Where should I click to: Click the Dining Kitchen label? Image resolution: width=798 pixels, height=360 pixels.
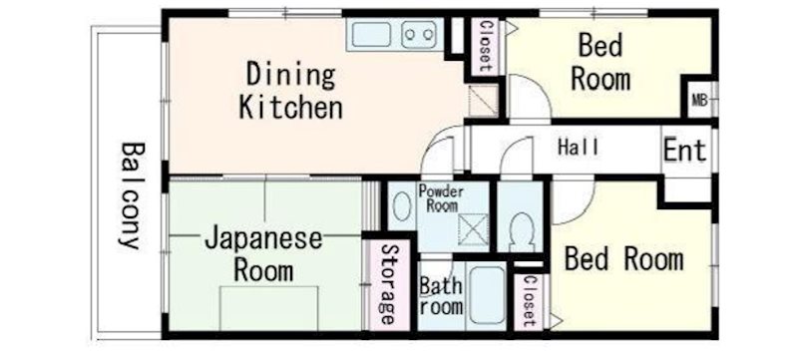[x=290, y=92]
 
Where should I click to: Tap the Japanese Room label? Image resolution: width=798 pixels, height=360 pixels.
[x=263, y=255]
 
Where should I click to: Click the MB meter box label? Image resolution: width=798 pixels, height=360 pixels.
[x=700, y=100]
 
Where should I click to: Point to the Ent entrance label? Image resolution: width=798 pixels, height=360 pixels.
[x=685, y=150]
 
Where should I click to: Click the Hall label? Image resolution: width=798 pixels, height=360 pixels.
[x=579, y=148]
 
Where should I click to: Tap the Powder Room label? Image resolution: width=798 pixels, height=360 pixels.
[x=441, y=198]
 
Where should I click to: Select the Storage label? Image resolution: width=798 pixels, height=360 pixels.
[x=388, y=285]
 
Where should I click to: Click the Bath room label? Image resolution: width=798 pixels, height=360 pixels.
[x=441, y=296]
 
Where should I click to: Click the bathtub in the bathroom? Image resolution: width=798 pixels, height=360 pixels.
[x=487, y=296]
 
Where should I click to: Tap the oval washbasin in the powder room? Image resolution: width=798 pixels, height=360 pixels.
[x=402, y=205]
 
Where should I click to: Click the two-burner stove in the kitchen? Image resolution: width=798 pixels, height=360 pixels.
[x=419, y=35]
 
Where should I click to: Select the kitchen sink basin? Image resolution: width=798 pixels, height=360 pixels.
[x=371, y=34]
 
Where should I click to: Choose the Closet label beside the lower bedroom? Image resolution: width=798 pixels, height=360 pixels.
[x=529, y=301]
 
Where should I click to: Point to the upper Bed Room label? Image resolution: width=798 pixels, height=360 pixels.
[x=600, y=63]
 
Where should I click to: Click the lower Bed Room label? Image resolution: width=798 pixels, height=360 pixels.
[x=624, y=259]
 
